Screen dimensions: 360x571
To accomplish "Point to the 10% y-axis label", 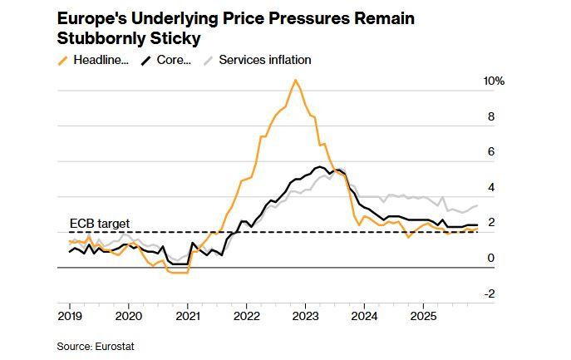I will pyautogui.click(x=494, y=81).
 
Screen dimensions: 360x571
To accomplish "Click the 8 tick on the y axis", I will pyautogui.click(x=491, y=117).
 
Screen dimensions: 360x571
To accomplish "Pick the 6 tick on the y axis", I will pyautogui.click(x=491, y=152).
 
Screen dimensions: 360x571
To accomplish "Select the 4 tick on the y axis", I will pyautogui.click(x=491, y=188).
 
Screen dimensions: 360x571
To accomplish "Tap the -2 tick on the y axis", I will pyautogui.click(x=490, y=293).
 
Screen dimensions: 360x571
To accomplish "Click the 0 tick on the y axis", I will pyautogui.click(x=491, y=259).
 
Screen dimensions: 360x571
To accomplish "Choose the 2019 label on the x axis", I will pyautogui.click(x=70, y=317).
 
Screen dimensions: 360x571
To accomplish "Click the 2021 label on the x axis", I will pyautogui.click(x=188, y=317).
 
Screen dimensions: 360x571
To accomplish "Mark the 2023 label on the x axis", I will pyautogui.click(x=306, y=317).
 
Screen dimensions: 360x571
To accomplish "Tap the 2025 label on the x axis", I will pyautogui.click(x=424, y=317).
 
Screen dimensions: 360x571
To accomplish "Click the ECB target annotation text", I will pyautogui.click(x=99, y=224).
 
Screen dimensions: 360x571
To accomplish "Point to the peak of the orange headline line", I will pyautogui.click(x=295, y=81).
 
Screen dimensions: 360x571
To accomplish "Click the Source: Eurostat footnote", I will pyautogui.click(x=96, y=345).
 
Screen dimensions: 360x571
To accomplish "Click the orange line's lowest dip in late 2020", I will pyautogui.click(x=178, y=272).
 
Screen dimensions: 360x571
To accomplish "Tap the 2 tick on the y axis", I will pyautogui.click(x=491, y=223).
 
